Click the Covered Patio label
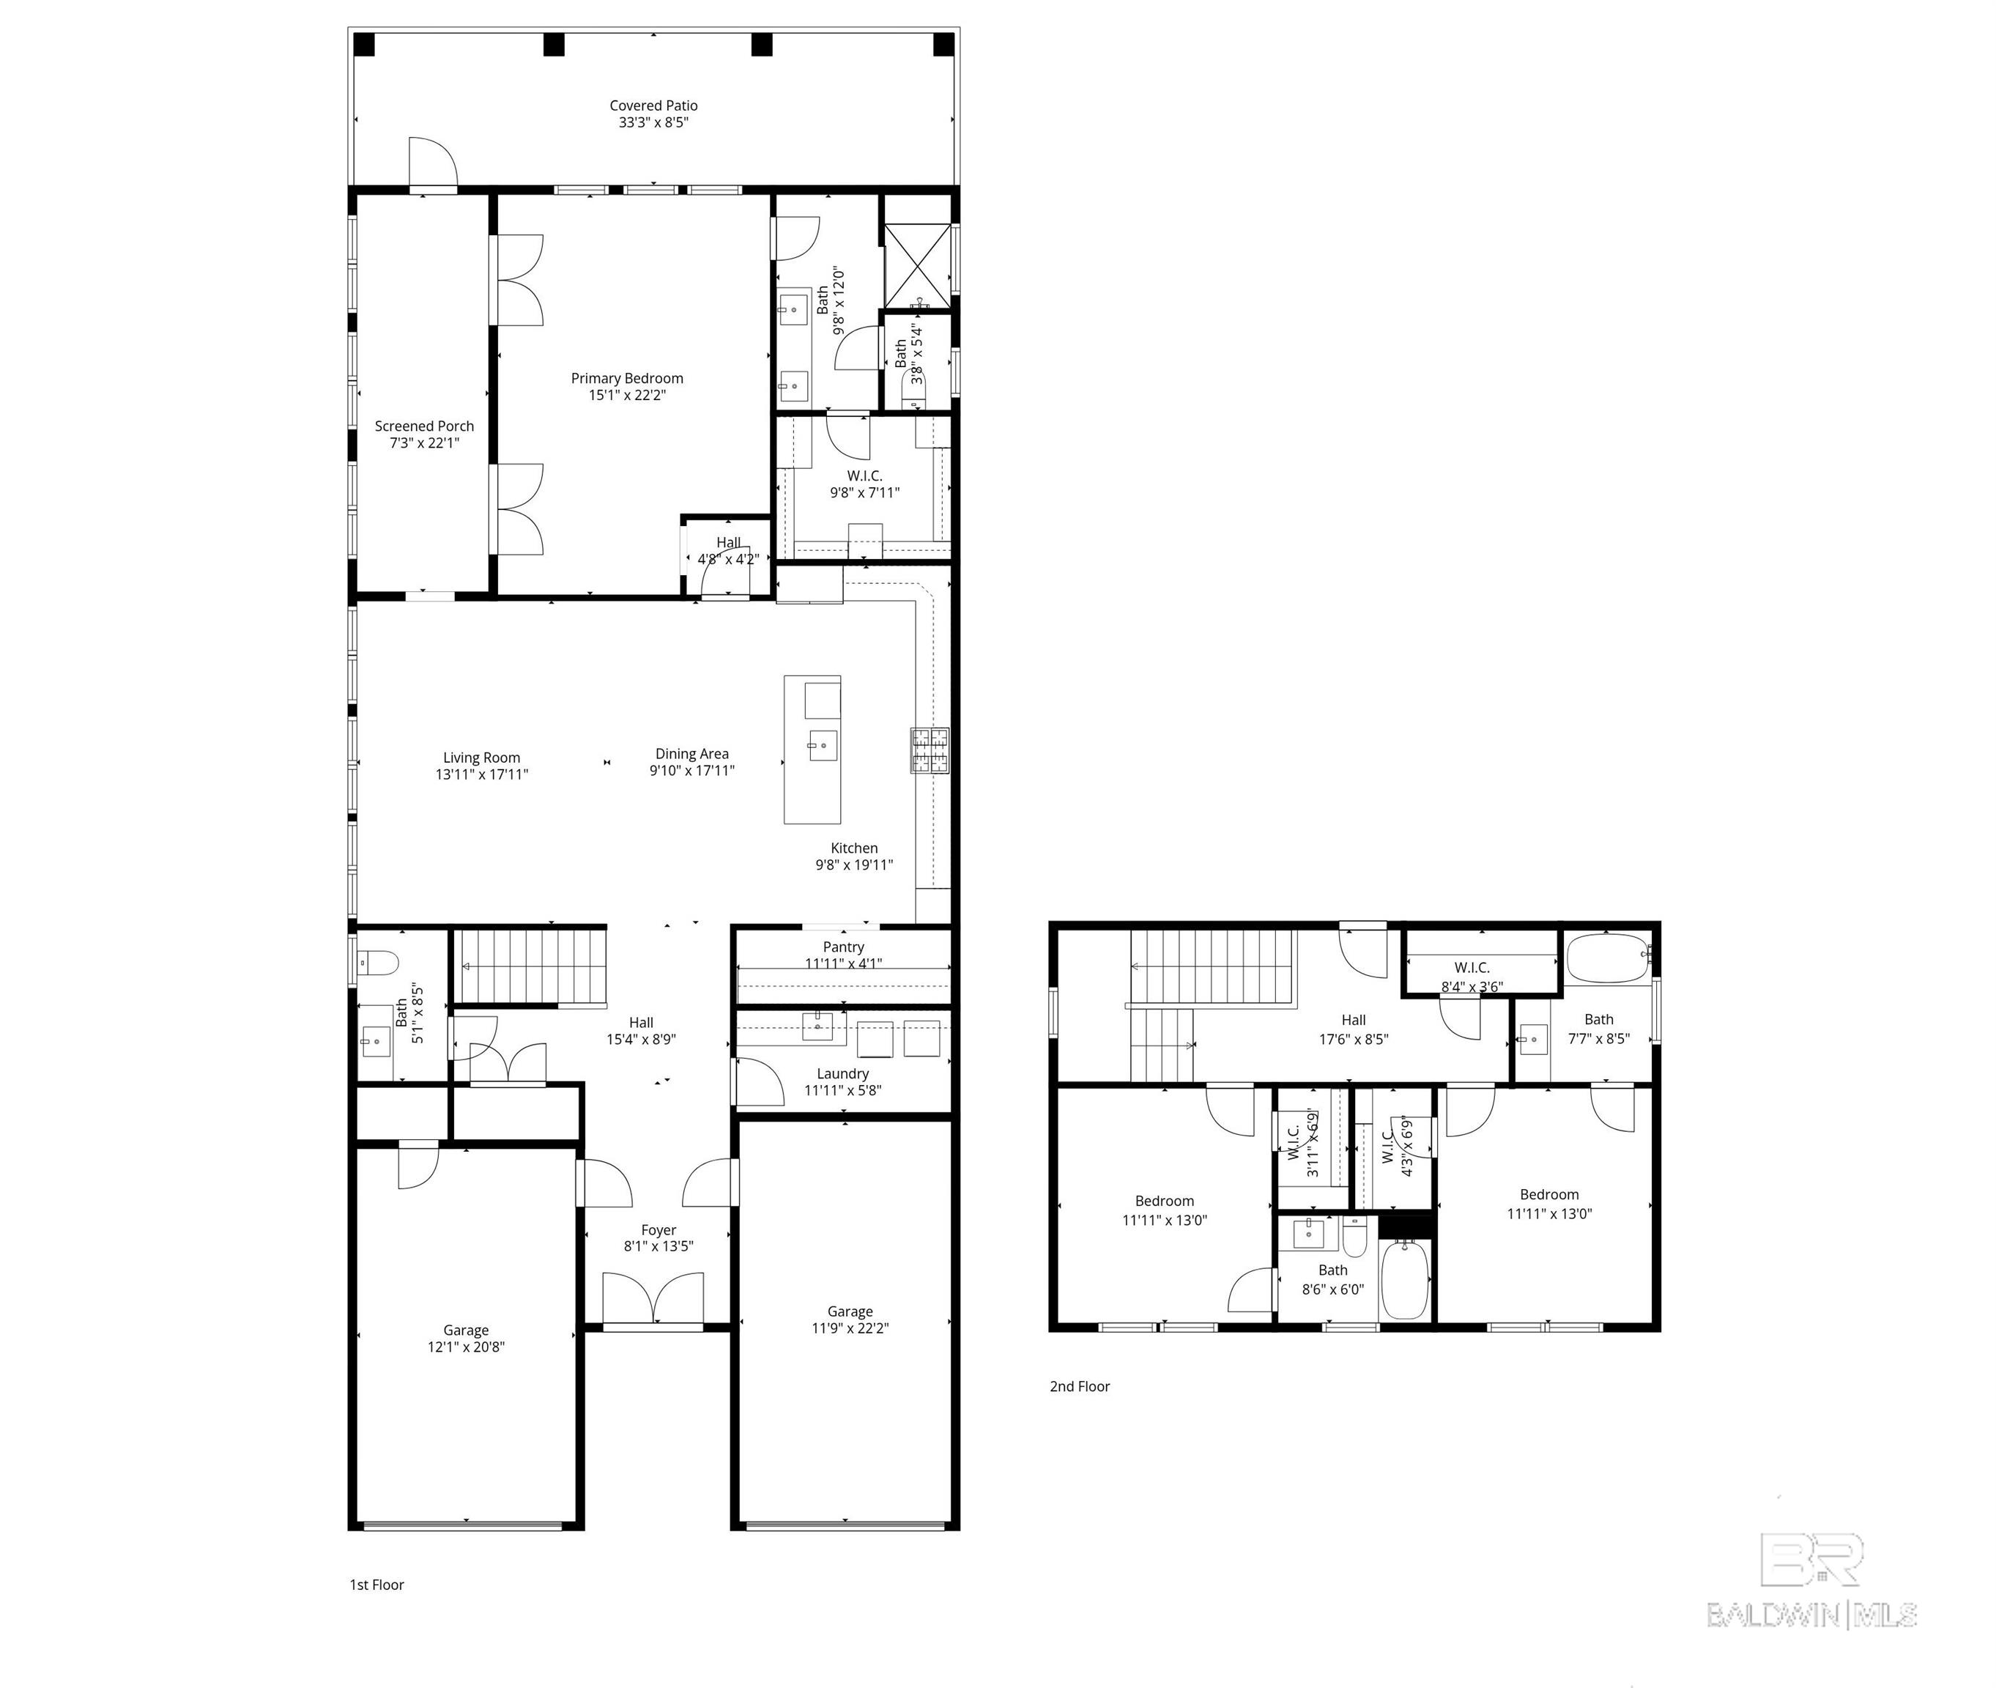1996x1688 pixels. (x=653, y=106)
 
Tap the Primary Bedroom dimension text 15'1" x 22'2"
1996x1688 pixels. (x=627, y=395)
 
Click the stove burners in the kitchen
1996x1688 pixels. (x=929, y=750)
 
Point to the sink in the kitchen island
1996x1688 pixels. (x=823, y=745)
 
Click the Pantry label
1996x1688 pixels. (x=843, y=947)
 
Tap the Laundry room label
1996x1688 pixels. (x=842, y=1073)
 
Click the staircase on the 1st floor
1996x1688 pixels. (x=532, y=965)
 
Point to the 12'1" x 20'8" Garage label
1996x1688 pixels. (x=466, y=1330)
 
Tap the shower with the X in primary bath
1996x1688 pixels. (x=916, y=266)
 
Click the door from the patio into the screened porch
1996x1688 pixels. (x=432, y=165)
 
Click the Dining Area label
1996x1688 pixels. (x=691, y=754)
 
